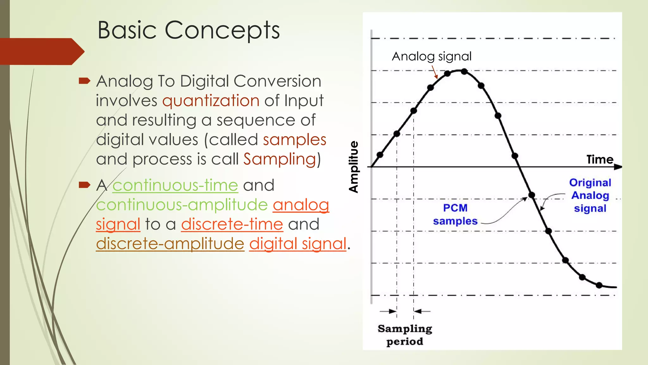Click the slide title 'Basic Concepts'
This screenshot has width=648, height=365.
click(189, 30)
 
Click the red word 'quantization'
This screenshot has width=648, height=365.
click(211, 101)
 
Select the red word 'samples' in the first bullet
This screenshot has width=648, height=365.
click(294, 140)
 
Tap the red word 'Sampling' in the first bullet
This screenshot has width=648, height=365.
click(279, 159)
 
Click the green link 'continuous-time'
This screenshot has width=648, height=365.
click(175, 185)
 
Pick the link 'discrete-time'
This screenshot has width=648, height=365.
click(232, 224)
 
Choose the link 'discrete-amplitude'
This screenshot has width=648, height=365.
click(170, 244)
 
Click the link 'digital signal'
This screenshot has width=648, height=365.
click(297, 244)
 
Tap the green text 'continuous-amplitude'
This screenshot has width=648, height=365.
click(182, 205)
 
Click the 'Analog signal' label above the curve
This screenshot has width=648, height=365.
click(432, 56)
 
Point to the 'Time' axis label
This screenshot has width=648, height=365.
click(600, 159)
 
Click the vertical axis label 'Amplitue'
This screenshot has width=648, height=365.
click(354, 167)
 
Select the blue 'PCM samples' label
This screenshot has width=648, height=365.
click(455, 215)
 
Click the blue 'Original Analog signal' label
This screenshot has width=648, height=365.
click(590, 195)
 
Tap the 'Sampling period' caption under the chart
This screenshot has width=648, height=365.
click(405, 335)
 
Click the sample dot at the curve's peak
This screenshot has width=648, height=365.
click(464, 72)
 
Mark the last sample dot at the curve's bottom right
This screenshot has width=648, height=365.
click(599, 285)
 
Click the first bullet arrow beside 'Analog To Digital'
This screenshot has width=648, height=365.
click(84, 81)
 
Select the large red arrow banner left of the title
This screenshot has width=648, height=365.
click(41, 51)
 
